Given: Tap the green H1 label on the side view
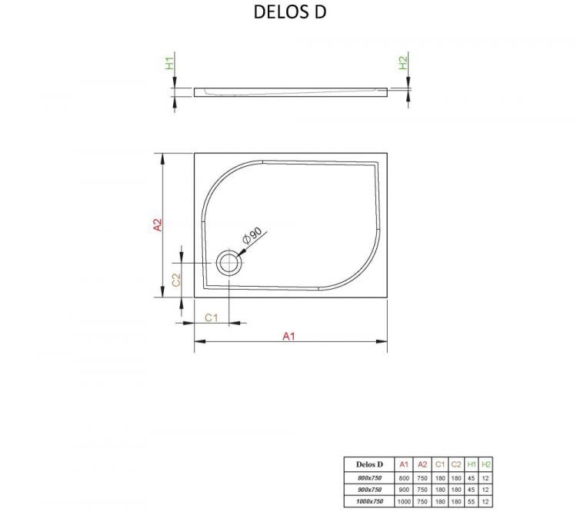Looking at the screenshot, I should [170, 64].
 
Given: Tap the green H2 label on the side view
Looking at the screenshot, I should [403, 64].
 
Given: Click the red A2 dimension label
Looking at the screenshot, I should [157, 224].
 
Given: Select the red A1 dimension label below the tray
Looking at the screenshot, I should [289, 336].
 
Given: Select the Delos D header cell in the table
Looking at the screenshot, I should [369, 464].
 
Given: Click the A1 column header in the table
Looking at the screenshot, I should [404, 464].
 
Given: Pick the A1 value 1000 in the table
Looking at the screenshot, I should [404, 501].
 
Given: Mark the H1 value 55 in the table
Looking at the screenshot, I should [471, 501].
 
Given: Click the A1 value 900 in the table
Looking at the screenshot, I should [404, 490].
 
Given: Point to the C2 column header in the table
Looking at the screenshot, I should [455, 464].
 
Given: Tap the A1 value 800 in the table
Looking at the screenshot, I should [404, 478].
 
